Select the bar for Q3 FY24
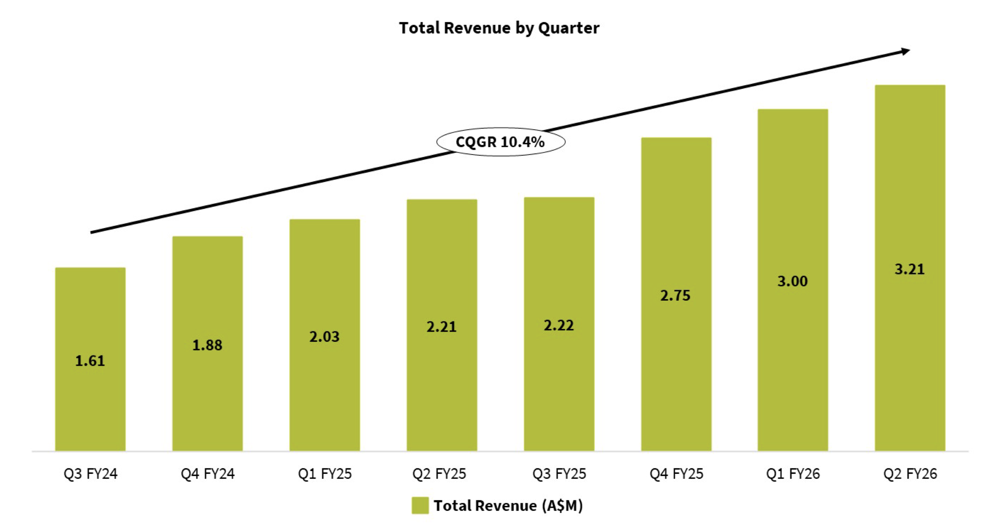point(90,359)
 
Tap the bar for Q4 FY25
point(676,294)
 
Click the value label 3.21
point(910,269)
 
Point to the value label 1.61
point(90,361)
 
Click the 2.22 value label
point(559,325)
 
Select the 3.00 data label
point(792,281)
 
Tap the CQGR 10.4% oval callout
point(501,142)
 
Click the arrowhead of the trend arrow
point(906,52)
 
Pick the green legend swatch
point(420,505)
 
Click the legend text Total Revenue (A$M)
point(508,505)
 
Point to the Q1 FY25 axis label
point(325,473)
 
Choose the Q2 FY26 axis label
point(910,473)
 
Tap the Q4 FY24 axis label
point(208,473)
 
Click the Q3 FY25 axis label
point(559,473)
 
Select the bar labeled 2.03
point(325,335)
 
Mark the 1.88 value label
point(208,345)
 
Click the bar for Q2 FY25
point(442,325)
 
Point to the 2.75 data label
point(675,296)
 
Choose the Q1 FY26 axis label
point(793,473)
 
